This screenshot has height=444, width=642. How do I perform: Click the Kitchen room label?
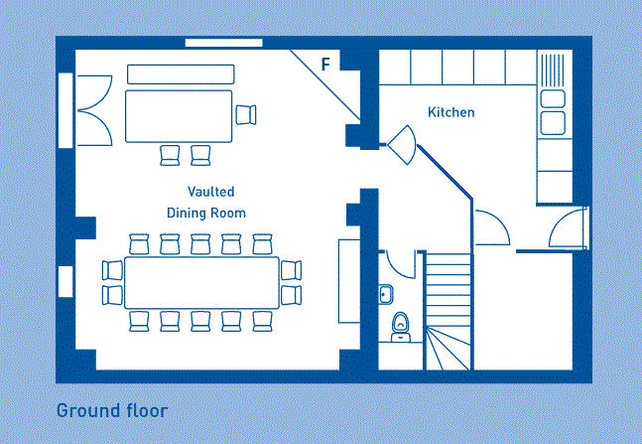[451, 112]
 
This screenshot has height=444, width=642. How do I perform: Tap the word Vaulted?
[211, 192]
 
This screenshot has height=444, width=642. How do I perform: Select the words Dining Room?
[206, 213]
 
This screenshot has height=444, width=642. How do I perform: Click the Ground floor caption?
[112, 410]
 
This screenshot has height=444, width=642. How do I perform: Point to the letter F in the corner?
[325, 65]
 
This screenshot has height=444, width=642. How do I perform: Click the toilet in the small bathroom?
[401, 327]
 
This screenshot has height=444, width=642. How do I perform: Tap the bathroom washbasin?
[386, 294]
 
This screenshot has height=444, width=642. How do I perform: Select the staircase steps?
[449, 312]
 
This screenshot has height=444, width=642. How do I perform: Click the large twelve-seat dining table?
[201, 282]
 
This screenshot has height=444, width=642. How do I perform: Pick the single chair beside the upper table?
[246, 115]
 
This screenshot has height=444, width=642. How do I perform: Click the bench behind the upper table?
[181, 74]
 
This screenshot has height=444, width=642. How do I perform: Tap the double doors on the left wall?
[95, 110]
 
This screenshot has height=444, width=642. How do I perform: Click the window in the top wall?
[224, 43]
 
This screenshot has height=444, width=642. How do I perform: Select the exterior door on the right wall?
[569, 228]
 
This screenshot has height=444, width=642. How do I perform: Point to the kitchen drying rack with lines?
[553, 71]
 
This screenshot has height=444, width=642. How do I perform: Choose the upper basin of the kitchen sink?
[553, 98]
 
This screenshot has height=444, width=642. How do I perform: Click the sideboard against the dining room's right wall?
[349, 281]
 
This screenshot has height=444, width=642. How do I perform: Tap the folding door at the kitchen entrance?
[403, 145]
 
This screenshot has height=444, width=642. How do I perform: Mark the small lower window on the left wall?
[65, 282]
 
